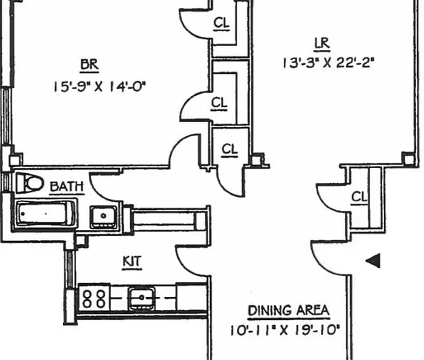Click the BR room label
pyautogui.click(x=89, y=65)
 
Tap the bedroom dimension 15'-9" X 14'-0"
pyautogui.click(x=99, y=87)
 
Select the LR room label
pyautogui.click(x=322, y=44)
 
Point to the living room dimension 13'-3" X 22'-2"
pyautogui.click(x=328, y=63)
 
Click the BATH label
pyautogui.click(x=67, y=187)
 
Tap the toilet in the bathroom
pyautogui.click(x=30, y=183)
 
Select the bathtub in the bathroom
pyautogui.click(x=45, y=214)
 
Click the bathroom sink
pyautogui.click(x=104, y=217)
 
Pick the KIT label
pyautogui.click(x=132, y=262)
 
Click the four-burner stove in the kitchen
pyautogui.click(x=94, y=298)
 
